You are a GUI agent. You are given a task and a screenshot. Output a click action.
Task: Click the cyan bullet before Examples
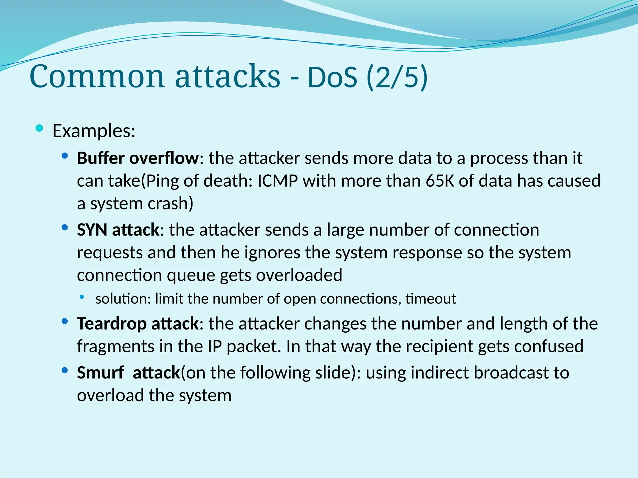(x=39, y=128)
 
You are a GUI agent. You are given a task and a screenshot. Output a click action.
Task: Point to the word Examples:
(x=94, y=131)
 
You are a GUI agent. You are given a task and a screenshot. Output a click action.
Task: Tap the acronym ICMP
(x=278, y=181)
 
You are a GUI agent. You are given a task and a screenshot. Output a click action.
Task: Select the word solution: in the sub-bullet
(x=123, y=299)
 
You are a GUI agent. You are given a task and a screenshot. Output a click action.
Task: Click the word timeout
(x=431, y=299)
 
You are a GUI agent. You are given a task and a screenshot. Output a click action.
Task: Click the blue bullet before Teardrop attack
(x=65, y=321)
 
